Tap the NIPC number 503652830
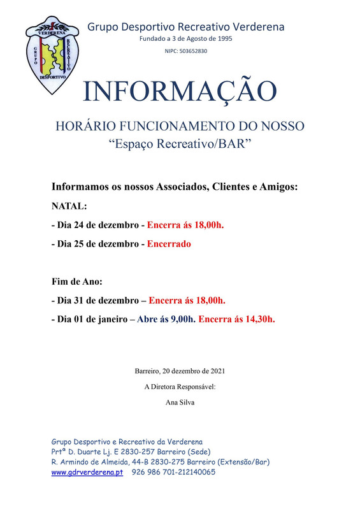(x=185, y=51)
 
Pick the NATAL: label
(x=69, y=206)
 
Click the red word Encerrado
(x=169, y=243)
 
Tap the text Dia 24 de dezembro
(x=95, y=225)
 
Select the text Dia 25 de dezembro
(x=95, y=243)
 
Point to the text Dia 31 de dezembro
(x=95, y=300)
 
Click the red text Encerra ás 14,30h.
(x=236, y=319)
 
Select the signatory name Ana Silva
(x=180, y=402)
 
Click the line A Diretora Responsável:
(x=180, y=387)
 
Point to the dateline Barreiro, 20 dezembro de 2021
(x=180, y=371)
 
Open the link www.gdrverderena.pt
(x=87, y=472)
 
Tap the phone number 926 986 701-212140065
(x=173, y=472)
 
